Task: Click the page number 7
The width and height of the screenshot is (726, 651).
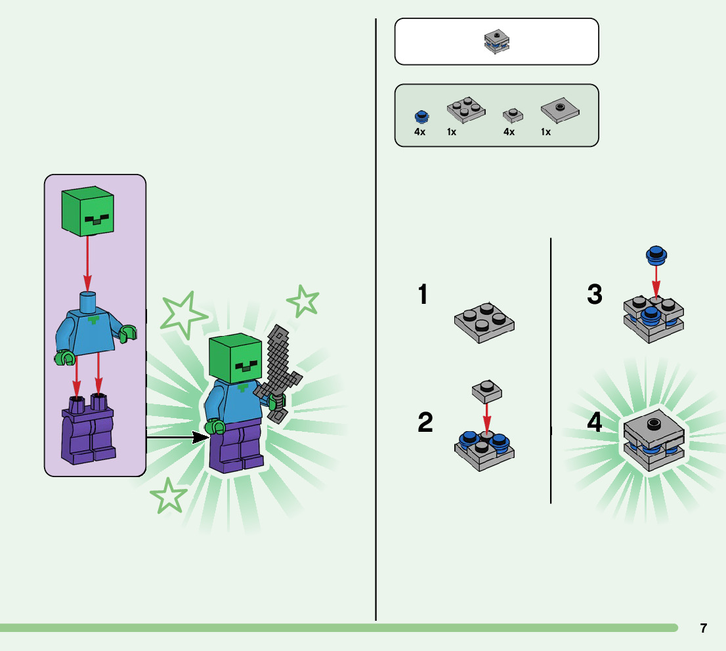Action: click(x=703, y=628)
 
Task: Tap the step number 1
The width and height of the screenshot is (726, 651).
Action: click(x=423, y=295)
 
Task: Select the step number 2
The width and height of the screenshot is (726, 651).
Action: click(x=425, y=422)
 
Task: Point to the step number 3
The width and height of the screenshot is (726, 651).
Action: click(x=595, y=295)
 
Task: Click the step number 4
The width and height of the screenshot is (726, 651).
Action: click(x=595, y=423)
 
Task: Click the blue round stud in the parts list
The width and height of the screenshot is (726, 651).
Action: click(x=421, y=117)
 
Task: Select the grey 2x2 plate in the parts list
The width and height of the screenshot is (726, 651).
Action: click(x=465, y=110)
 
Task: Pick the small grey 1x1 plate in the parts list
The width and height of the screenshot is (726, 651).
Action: click(x=513, y=115)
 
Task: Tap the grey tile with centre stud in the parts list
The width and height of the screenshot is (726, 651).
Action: click(x=560, y=112)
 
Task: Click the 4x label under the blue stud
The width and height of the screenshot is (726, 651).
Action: click(x=419, y=132)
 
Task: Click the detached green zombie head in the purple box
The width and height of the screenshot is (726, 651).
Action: click(x=87, y=213)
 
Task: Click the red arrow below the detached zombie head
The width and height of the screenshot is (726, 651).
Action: click(x=87, y=263)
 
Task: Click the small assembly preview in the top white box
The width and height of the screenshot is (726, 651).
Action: click(x=497, y=41)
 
